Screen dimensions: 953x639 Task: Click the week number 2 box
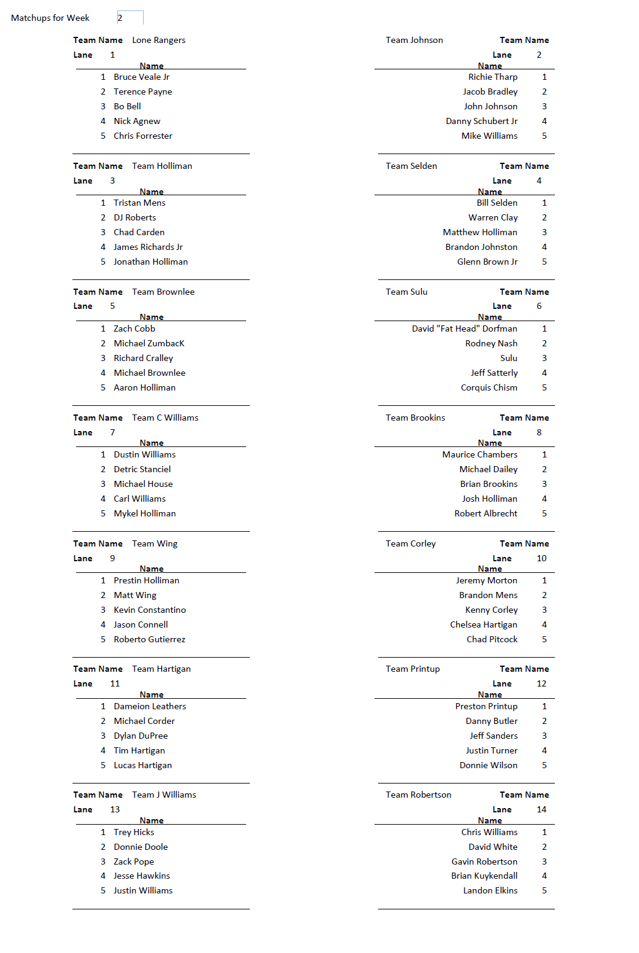pyautogui.click(x=130, y=18)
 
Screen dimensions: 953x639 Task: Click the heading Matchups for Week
pyautogui.click(x=50, y=18)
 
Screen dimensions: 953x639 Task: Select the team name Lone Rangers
pyautogui.click(x=158, y=40)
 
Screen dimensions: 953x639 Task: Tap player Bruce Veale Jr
pyautogui.click(x=141, y=77)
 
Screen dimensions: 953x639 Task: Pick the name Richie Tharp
pyautogui.click(x=492, y=77)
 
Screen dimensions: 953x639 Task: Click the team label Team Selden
pyautogui.click(x=411, y=166)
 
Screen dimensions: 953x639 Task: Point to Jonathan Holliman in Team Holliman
pyautogui.click(x=150, y=262)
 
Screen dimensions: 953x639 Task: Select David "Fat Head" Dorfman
pyautogui.click(x=464, y=329)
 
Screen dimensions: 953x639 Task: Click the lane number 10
pyautogui.click(x=541, y=558)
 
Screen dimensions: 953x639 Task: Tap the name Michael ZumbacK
pyautogui.click(x=149, y=343)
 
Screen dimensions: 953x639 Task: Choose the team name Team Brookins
pyautogui.click(x=415, y=418)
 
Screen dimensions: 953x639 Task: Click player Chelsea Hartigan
pyautogui.click(x=483, y=624)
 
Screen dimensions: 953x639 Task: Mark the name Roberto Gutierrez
pyautogui.click(x=149, y=639)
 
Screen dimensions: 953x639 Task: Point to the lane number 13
pyautogui.click(x=115, y=809)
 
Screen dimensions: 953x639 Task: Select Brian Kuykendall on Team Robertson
pyautogui.click(x=484, y=876)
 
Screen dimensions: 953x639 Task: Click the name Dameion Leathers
pyautogui.click(x=150, y=706)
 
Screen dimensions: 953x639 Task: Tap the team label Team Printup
pyautogui.click(x=412, y=669)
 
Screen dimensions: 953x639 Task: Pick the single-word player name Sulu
pyautogui.click(x=508, y=358)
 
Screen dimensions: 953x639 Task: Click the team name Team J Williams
pyautogui.click(x=164, y=795)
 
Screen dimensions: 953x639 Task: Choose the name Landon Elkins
pyautogui.click(x=490, y=890)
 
